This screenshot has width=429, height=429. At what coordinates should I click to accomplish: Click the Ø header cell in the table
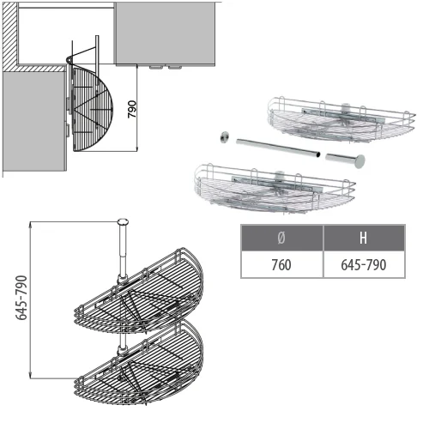click(282, 238)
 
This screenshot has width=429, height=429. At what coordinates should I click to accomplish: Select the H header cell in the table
click(364, 238)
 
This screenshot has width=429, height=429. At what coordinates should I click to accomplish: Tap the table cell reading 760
click(282, 264)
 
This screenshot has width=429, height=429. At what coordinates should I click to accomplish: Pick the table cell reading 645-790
click(364, 264)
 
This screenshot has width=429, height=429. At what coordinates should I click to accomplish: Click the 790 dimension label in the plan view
click(132, 109)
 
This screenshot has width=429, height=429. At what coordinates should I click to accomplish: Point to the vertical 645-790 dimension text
click(21, 298)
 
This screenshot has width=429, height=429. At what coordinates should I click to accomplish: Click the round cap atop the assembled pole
click(123, 221)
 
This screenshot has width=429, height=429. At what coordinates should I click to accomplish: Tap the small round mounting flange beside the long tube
click(225, 136)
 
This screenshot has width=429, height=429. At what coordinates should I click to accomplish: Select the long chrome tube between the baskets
click(278, 148)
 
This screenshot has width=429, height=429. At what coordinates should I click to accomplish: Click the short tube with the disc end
click(345, 160)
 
